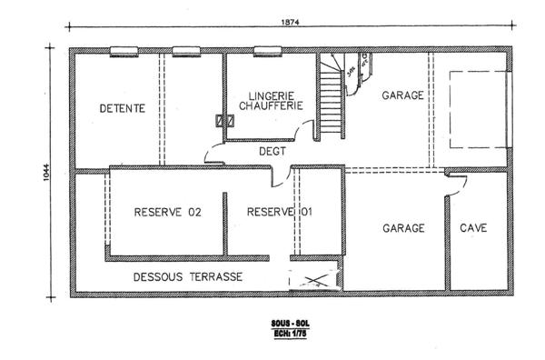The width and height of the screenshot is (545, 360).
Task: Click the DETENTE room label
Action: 123,108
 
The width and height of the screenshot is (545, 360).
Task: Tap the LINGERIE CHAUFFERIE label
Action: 269,101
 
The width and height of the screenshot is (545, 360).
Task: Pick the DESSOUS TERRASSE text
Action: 188,275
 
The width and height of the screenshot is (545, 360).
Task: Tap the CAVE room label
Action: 472,228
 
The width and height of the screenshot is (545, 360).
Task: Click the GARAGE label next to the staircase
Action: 401,95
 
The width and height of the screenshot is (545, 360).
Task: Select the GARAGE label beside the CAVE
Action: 402,228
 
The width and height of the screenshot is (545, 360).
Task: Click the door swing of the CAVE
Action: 457,185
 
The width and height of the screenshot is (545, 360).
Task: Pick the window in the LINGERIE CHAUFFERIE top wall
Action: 267,51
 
